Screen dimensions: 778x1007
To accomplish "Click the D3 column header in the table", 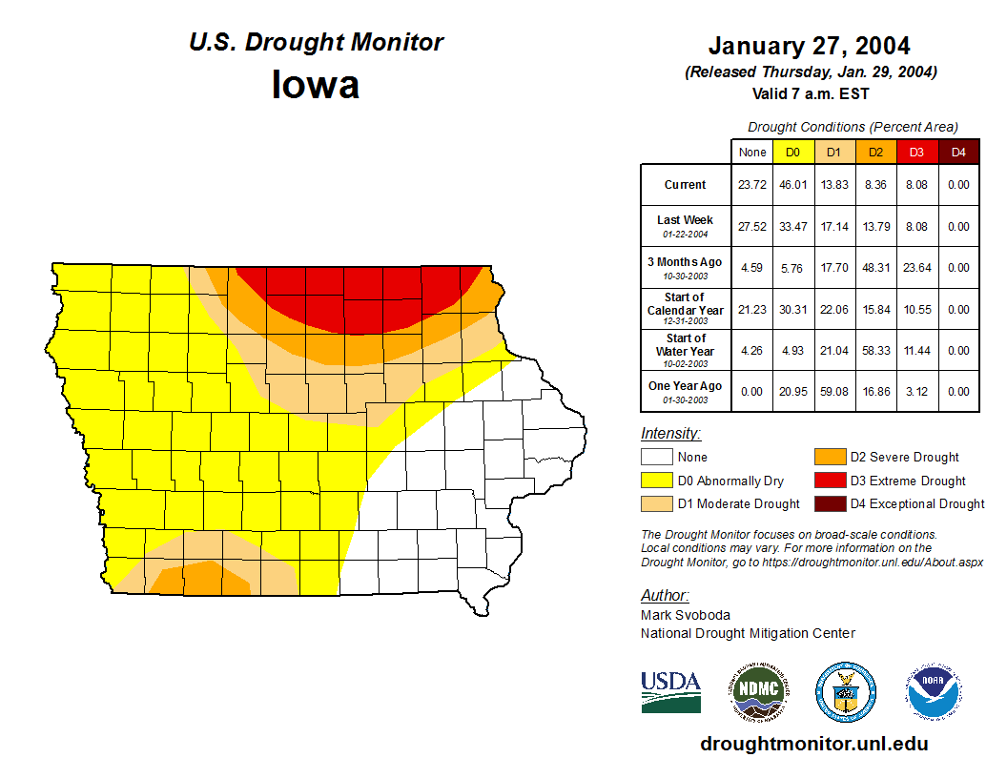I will (916, 152).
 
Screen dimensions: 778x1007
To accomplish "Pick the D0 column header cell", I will (792, 152).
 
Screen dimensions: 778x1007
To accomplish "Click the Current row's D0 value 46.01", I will (792, 185).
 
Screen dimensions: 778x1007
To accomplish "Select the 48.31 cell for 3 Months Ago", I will (875, 268).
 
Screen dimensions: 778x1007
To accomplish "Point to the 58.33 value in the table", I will (875, 351).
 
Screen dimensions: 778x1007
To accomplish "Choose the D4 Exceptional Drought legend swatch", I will (828, 503).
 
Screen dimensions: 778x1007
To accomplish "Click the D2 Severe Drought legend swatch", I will (828, 458).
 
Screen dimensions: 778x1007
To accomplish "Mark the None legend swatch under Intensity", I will (657, 458).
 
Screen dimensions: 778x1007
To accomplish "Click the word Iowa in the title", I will (316, 85).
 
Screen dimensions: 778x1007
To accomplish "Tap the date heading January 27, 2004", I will (809, 46).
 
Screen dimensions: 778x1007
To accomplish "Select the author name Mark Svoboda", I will (686, 615).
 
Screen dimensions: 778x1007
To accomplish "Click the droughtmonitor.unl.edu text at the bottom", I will (813, 744).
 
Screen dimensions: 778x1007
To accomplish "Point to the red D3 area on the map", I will (362, 296).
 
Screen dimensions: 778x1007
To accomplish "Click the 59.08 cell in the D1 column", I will (833, 391).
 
